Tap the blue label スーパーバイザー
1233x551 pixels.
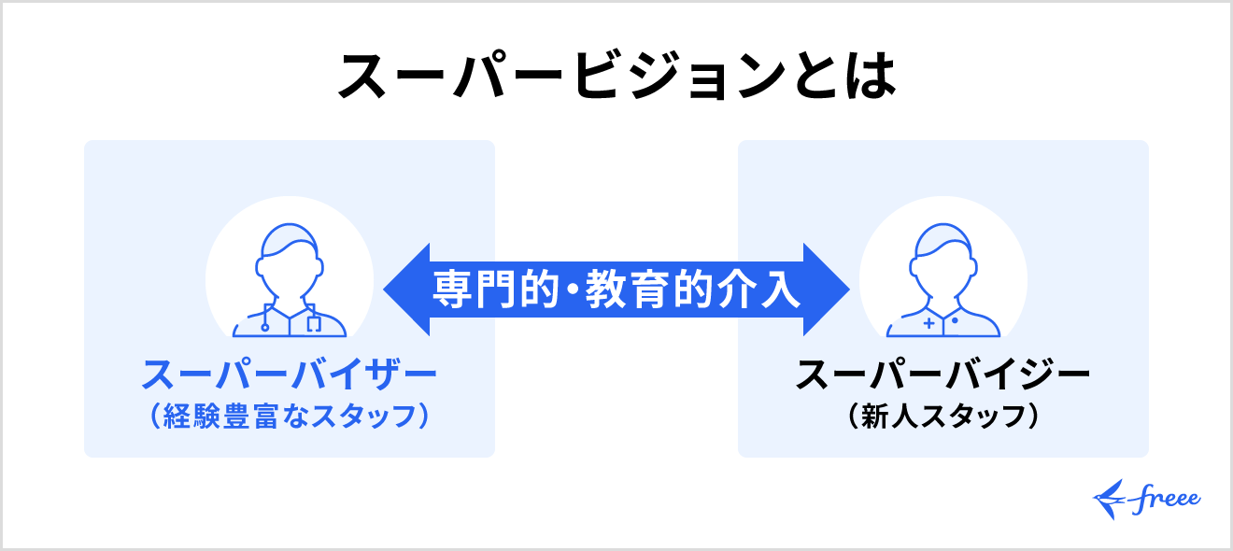pyautogui.click(x=289, y=376)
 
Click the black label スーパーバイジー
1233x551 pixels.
pyautogui.click(x=942, y=376)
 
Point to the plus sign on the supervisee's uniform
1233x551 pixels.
pyautogui.click(x=928, y=324)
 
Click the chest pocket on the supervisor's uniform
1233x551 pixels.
pyautogui.click(x=313, y=324)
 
